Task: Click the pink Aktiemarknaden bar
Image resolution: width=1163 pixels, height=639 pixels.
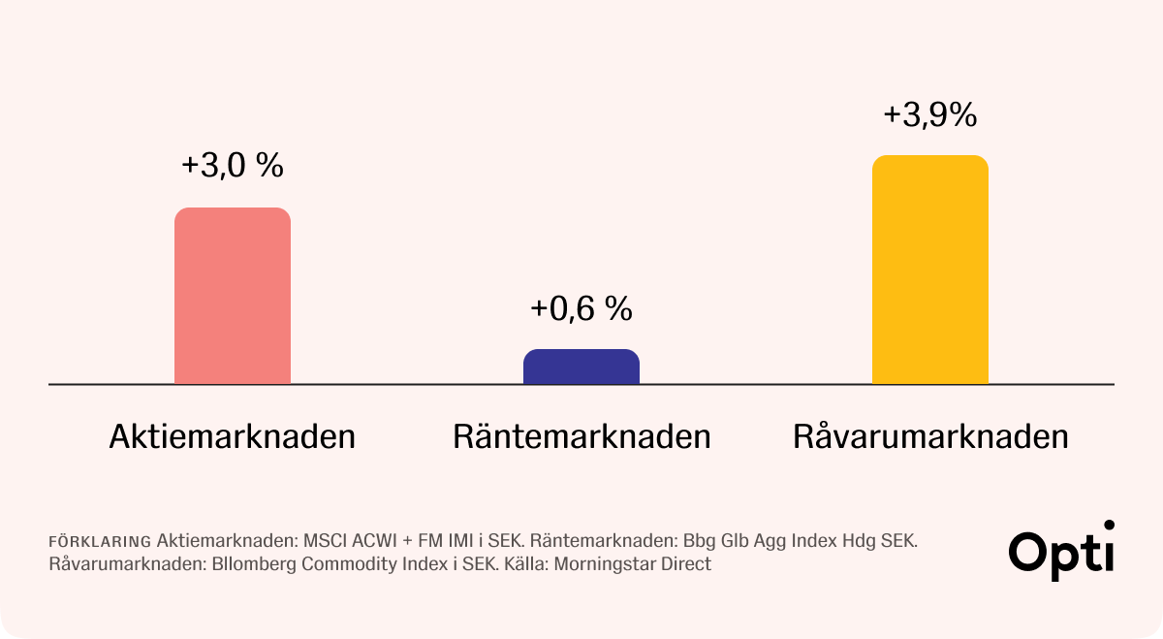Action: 233,296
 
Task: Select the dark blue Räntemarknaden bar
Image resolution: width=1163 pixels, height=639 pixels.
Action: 581,367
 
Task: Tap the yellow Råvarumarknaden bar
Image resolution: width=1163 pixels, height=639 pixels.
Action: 930,270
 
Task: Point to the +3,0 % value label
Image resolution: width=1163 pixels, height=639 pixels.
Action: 233,166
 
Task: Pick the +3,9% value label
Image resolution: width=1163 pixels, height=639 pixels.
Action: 930,115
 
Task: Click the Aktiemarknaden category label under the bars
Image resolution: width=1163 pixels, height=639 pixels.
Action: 233,436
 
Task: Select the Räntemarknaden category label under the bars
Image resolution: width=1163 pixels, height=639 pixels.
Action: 581,436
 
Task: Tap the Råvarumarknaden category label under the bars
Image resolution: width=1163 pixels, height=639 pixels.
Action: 930,436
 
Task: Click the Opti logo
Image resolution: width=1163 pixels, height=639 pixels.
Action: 1061,551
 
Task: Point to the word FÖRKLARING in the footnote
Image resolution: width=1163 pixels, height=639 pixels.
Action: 99,541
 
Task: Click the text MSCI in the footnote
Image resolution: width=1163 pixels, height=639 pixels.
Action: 325,540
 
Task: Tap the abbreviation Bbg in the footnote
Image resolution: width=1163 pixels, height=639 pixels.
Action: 697,540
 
